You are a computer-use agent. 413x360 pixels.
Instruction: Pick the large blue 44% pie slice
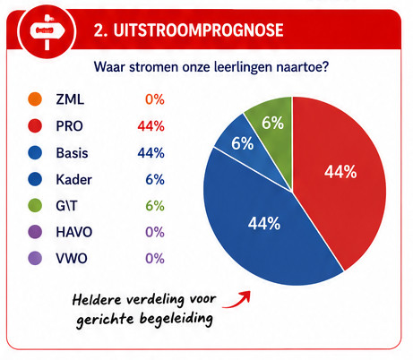(x=262, y=227)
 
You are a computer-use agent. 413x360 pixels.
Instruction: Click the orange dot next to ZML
(x=35, y=99)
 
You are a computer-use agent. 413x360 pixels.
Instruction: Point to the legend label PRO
(x=69, y=126)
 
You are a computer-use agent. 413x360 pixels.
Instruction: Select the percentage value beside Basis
(x=151, y=153)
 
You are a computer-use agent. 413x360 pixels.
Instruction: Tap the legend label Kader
(x=73, y=179)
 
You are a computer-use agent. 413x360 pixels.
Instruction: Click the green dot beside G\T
(x=35, y=205)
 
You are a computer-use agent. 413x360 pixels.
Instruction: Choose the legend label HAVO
(x=74, y=232)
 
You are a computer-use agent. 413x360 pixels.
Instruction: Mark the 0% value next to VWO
(x=155, y=259)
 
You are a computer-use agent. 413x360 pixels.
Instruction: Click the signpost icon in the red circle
(x=47, y=31)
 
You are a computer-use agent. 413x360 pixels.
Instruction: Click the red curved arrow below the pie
(x=237, y=300)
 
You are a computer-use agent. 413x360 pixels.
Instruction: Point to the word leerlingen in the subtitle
(x=243, y=67)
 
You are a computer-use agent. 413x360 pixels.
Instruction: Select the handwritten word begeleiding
(x=176, y=319)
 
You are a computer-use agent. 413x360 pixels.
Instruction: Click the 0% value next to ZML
(x=155, y=99)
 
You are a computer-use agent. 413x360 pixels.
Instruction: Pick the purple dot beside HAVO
(x=35, y=232)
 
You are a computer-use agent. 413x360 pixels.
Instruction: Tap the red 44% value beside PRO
(x=151, y=126)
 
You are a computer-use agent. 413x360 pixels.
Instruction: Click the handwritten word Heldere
(x=97, y=299)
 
